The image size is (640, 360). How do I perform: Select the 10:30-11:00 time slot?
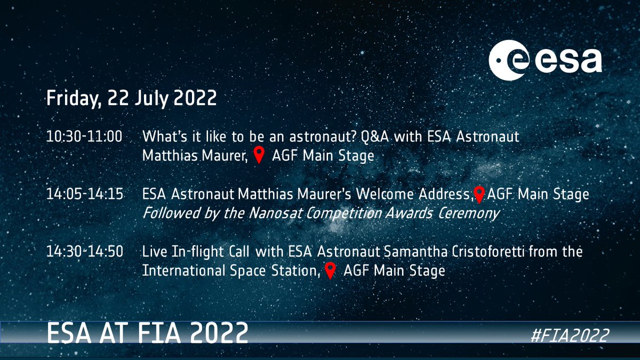tap(84, 137)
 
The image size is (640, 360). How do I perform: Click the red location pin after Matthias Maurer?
tap(259, 156)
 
